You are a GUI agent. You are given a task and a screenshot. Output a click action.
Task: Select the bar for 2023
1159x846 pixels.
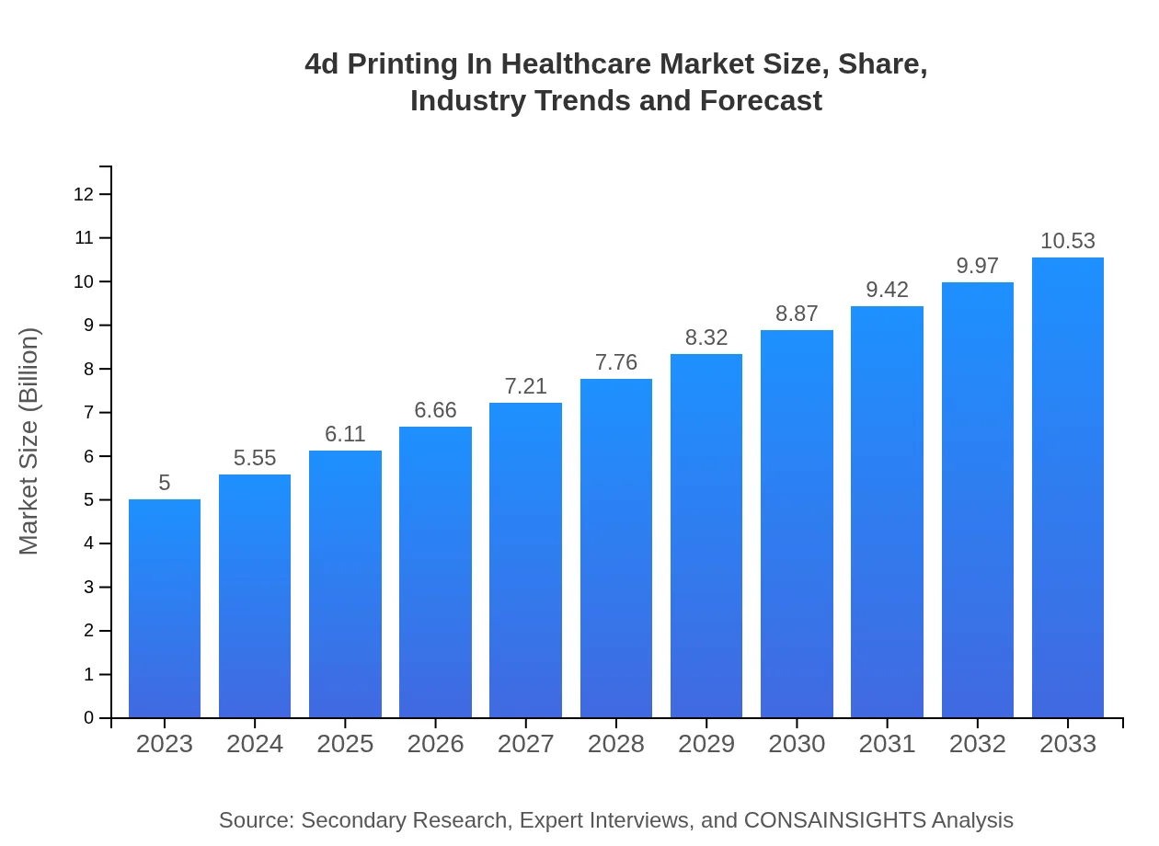click(x=165, y=608)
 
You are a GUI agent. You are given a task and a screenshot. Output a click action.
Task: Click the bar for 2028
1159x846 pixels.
click(x=616, y=548)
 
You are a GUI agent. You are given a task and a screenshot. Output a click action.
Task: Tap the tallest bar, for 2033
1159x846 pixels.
click(x=1068, y=487)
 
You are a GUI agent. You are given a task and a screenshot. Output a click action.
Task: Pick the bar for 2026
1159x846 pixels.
click(x=435, y=572)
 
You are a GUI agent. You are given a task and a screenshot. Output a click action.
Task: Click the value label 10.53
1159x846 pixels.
click(x=1068, y=241)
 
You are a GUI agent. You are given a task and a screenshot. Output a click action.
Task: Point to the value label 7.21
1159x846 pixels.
click(x=526, y=386)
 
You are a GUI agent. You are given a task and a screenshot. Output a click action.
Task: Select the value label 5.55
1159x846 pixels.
click(x=255, y=458)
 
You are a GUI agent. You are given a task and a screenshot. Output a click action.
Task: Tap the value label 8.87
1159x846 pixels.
click(x=797, y=314)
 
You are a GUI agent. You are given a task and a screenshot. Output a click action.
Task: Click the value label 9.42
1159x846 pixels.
click(x=887, y=290)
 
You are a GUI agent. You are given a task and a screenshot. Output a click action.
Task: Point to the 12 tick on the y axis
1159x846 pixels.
click(x=84, y=194)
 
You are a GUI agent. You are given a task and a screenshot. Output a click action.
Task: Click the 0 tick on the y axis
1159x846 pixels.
click(x=89, y=718)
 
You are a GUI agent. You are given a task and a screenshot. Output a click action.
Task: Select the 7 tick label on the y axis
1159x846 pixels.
click(x=89, y=413)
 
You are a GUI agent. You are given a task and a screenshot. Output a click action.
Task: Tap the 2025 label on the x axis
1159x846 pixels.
click(x=345, y=744)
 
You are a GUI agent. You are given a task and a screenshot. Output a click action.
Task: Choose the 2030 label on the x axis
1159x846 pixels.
click(x=797, y=744)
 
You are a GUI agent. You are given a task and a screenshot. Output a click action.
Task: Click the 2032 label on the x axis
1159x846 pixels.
click(x=977, y=744)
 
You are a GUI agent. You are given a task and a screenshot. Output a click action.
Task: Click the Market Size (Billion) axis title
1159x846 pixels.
click(x=29, y=441)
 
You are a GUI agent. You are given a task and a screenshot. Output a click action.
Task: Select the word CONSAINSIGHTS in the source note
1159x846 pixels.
click(x=834, y=820)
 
